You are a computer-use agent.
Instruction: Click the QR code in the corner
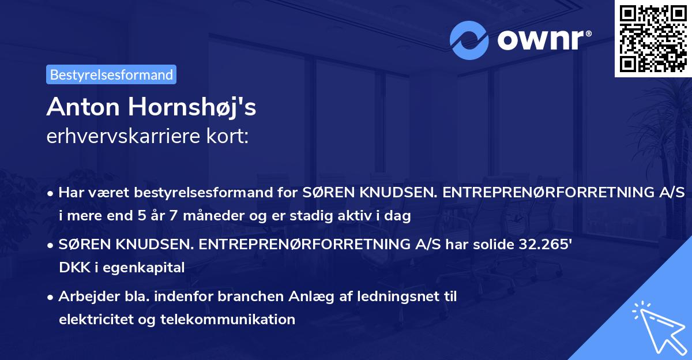click(653, 38)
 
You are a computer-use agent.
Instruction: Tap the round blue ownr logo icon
click(471, 40)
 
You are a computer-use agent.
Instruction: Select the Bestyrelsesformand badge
click(111, 74)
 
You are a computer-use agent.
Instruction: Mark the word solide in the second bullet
click(483, 245)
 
